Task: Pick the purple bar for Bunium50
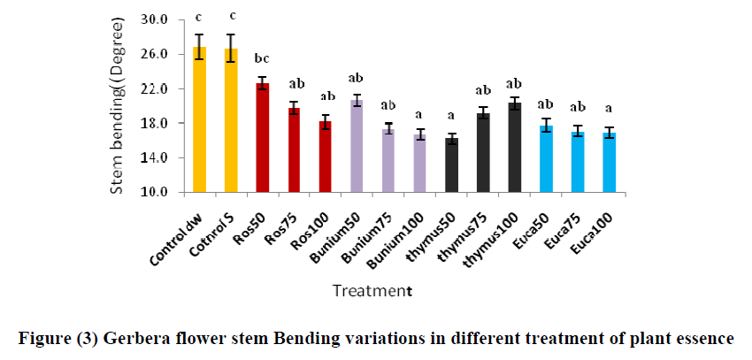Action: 357,146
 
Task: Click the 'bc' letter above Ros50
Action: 263,59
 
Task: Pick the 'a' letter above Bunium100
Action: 419,115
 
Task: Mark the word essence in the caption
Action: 704,338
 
